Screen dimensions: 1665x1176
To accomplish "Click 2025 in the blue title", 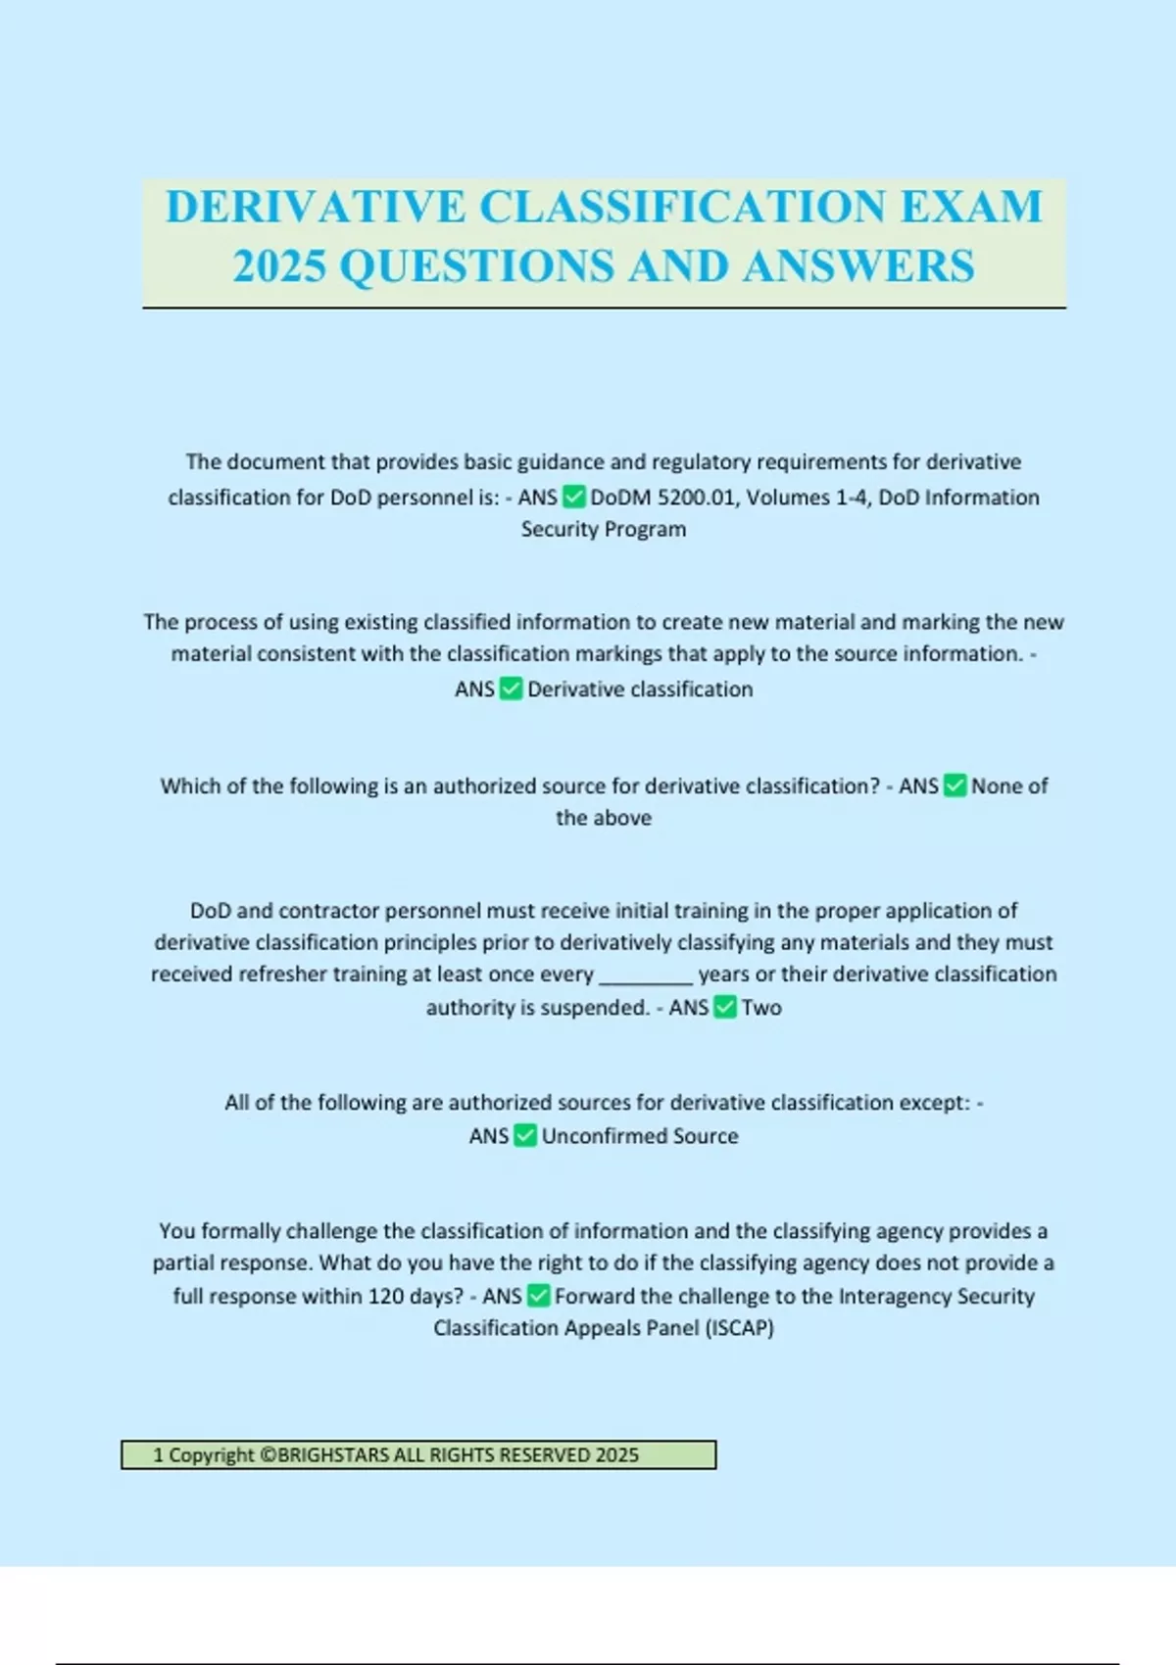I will pos(279,266).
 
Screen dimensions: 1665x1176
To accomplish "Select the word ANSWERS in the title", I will pos(858,266).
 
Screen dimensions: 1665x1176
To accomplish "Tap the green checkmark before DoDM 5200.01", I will pos(574,498).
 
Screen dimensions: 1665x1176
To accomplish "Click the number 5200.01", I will pos(696,498).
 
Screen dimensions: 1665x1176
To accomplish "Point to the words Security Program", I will pos(604,529).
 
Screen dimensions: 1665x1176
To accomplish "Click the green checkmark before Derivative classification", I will pos(512,689).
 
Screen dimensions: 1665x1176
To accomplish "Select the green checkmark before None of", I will pos(955,785).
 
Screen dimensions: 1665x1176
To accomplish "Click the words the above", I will pos(604,818).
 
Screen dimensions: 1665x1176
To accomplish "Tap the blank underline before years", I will pos(646,975).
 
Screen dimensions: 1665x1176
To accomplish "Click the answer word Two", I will pos(761,1008).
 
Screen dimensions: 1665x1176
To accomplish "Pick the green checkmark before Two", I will pos(725,1007).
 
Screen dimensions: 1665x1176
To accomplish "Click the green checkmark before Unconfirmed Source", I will pos(525,1136).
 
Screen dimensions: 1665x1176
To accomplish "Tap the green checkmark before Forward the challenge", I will pos(538,1296).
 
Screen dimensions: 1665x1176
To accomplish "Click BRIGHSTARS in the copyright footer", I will pos(333,1455).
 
